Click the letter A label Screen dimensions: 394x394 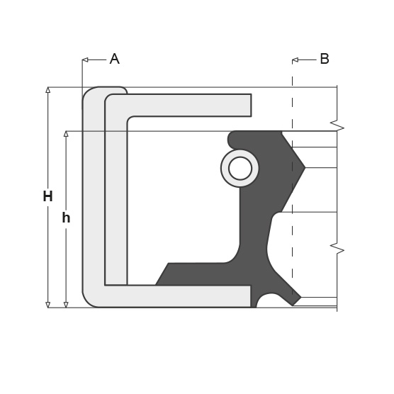point(115,59)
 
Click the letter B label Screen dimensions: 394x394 point(325,59)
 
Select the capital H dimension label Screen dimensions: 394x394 point(47,196)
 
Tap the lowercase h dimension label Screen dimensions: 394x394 point(66,218)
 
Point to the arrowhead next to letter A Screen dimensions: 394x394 point(85,60)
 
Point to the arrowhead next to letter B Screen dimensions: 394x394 point(295,60)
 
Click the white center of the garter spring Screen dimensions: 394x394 point(240,169)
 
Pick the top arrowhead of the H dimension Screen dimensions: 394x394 point(47,90)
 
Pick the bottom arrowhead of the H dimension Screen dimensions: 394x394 point(47,305)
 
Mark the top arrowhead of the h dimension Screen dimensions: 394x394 point(66,134)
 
